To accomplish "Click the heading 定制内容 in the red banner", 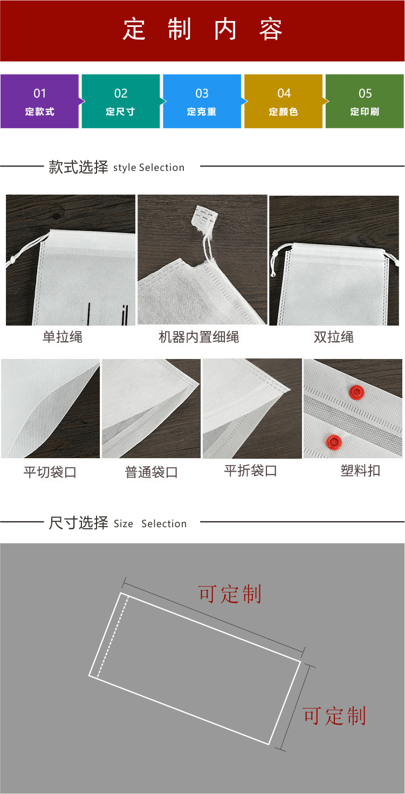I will coord(202,30).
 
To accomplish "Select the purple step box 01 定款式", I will coord(39,101).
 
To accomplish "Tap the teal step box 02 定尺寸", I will coord(120,101).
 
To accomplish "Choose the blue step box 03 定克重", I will coord(202,101).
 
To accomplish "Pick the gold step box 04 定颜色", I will coord(284,101).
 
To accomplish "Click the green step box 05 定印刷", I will coord(365,101).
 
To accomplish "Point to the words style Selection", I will coord(149,168).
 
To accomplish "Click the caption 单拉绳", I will coord(63,337).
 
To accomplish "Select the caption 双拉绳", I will coord(333,337).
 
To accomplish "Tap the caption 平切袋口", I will coord(50,473).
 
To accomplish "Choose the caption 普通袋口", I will coord(151,473).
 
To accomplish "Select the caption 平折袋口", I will coord(250,471).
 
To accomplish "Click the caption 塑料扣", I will coord(360,471).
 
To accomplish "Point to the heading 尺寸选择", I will coord(78,523).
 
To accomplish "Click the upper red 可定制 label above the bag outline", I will coord(230,594).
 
